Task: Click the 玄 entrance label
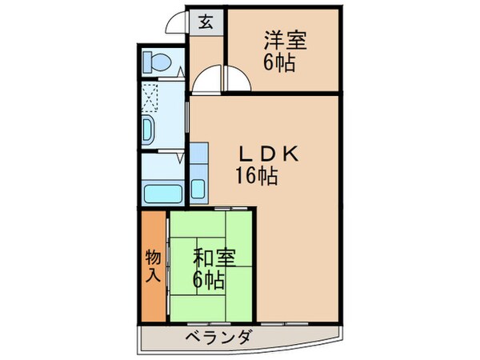click(206, 22)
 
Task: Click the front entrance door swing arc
click(178, 24)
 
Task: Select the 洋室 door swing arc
click(237, 80)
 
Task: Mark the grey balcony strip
click(240, 338)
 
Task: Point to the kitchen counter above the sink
click(199, 156)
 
